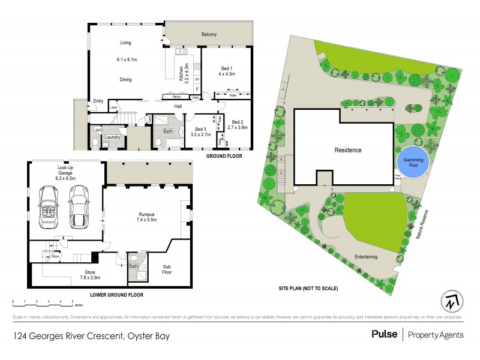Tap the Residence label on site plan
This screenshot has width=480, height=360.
coord(347,150)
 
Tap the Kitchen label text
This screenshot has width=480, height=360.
coord(181,73)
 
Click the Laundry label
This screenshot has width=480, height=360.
coord(113,137)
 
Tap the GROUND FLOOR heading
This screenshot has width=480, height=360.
coord(224,155)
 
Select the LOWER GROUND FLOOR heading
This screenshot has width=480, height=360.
coord(116,295)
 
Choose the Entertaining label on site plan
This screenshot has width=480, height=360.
coord(365,257)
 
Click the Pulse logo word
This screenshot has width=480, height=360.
coord(385,335)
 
